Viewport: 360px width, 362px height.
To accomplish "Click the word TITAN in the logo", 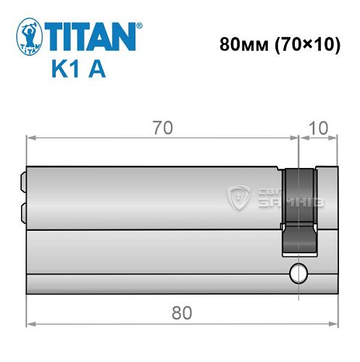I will click(x=92, y=35).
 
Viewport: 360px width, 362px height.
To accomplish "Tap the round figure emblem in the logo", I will click(x=29, y=38).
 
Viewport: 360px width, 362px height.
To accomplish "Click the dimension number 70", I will click(x=162, y=128).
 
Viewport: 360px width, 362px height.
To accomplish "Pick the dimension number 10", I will click(x=318, y=128).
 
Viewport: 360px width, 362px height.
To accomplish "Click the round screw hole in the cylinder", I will click(x=296, y=274).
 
